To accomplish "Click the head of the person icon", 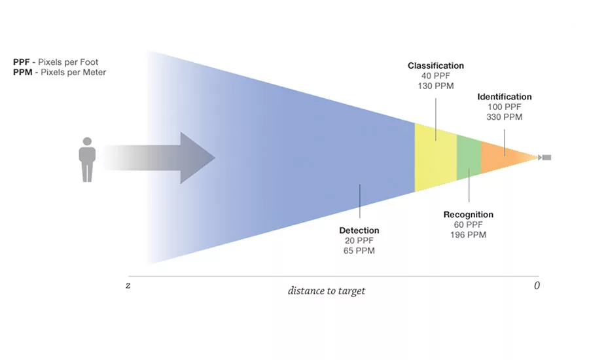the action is (87, 141).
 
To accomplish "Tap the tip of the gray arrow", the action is (215, 158).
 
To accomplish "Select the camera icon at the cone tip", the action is (545, 158).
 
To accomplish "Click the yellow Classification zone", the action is (435, 158).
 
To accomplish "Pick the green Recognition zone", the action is (469, 158).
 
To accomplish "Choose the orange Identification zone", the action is (503, 158).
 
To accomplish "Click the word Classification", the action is (436, 65).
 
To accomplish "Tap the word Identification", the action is (505, 97).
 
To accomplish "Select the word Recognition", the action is (469, 215).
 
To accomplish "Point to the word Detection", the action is (359, 230).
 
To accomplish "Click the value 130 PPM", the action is (436, 86).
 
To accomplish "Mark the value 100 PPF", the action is (505, 107).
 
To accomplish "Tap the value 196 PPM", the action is (469, 235).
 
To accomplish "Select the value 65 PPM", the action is (359, 251).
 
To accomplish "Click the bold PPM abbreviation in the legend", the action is (22, 72).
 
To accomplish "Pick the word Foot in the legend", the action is (89, 62).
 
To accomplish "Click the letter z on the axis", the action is (128, 285).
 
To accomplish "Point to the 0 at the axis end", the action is (537, 285).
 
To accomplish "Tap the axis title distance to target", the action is (327, 291).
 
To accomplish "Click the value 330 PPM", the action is (505, 117).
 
